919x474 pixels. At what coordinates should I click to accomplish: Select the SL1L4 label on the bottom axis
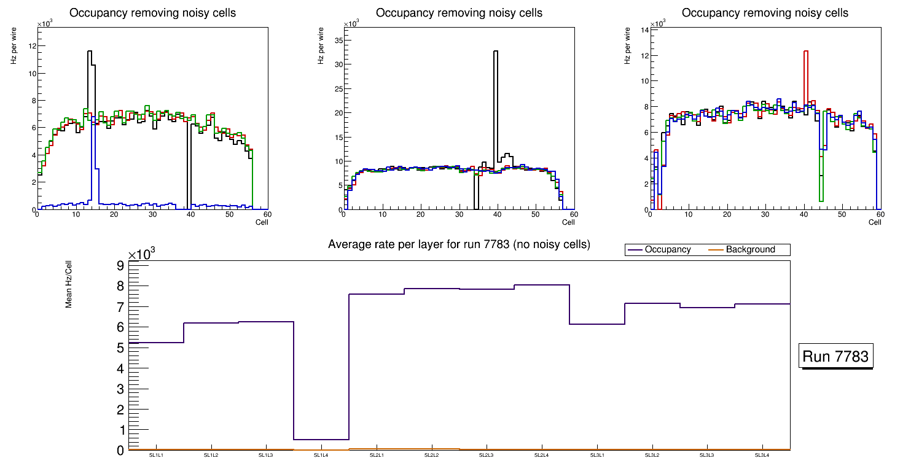point(321,456)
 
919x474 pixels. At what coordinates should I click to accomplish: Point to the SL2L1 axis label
point(377,456)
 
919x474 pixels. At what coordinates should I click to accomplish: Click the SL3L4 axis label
point(762,456)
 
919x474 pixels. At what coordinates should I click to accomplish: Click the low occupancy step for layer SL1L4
point(321,440)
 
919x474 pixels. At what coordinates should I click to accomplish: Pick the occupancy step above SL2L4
point(542,285)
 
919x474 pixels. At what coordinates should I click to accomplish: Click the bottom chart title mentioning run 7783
point(459,244)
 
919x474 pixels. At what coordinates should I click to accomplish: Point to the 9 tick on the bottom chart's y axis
point(120,265)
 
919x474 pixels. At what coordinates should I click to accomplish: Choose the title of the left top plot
point(152,13)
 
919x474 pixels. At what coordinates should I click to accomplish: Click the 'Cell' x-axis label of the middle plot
point(568,222)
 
